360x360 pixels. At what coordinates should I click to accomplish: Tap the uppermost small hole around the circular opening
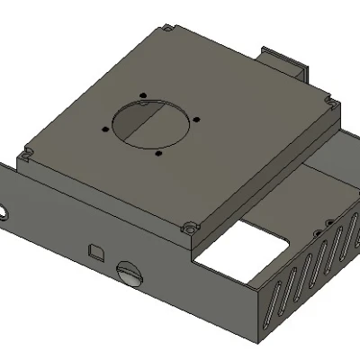tap(143, 94)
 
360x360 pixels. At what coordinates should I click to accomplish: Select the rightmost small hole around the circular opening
tap(192, 121)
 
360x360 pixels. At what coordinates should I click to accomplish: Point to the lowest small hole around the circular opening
tap(158, 154)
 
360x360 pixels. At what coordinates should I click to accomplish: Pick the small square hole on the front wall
tap(94, 249)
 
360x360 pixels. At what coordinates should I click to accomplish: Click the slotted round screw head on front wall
tap(130, 273)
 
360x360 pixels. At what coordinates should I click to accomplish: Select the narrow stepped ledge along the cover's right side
tap(270, 180)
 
